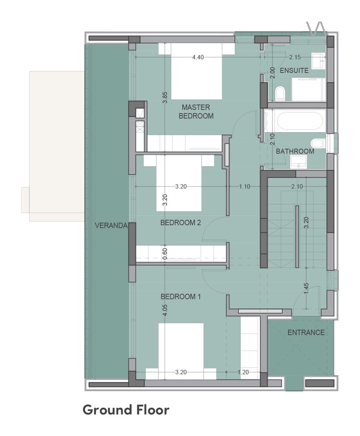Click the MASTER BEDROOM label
196,111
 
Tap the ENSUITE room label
294,71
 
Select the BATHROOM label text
295,151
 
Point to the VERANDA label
111,226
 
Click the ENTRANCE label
306,333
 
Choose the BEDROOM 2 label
180,223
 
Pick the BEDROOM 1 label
180,297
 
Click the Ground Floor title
126,410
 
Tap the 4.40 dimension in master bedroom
198,57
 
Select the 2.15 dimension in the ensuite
295,57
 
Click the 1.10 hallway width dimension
245,187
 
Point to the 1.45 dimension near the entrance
306,289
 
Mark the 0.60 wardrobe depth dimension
165,254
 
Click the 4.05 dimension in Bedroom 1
165,310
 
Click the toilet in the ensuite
280,93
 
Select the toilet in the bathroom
317,144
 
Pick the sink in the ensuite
318,61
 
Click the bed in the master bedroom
197,71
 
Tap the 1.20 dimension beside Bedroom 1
243,372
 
